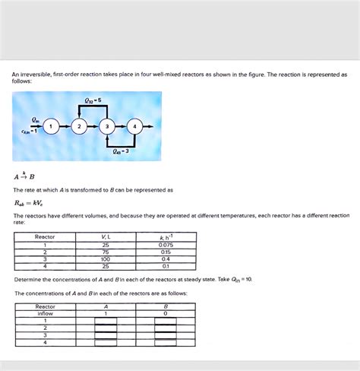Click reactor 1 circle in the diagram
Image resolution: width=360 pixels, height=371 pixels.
(50, 126)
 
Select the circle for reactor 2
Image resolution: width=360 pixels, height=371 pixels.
(79, 126)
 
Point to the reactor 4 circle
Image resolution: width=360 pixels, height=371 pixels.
(134, 126)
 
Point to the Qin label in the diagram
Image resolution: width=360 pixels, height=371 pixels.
(35, 119)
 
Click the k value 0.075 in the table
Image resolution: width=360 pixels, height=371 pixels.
(166, 245)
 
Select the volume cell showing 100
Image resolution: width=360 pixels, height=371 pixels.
(105, 259)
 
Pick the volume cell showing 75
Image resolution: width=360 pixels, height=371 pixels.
(105, 252)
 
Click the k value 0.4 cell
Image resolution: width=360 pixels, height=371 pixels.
(166, 259)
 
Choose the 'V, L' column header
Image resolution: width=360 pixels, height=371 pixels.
(105, 236)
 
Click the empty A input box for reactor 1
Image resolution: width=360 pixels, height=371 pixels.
(106, 321)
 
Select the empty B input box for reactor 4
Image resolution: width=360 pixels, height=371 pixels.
(165, 343)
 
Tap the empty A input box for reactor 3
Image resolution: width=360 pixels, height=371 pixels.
(106, 335)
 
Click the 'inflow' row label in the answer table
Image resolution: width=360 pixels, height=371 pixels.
(46, 313)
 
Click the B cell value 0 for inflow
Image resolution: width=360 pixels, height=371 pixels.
(165, 313)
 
